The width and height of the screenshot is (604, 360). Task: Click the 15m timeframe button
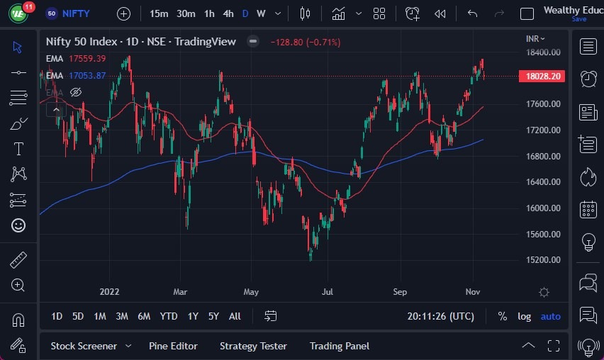click(159, 13)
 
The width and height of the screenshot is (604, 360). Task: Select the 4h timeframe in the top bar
click(228, 13)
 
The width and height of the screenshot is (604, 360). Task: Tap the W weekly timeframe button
click(261, 13)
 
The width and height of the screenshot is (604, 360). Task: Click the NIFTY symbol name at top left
click(76, 13)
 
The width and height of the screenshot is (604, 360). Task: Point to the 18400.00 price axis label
click(544, 52)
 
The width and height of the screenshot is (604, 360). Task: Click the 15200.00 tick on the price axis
click(544, 260)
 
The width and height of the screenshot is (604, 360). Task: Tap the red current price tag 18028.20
click(544, 77)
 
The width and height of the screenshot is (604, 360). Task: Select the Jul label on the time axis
click(328, 291)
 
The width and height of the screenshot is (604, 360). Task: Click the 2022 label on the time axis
click(109, 291)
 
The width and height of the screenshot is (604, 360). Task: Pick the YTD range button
click(169, 316)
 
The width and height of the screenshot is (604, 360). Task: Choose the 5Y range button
click(213, 316)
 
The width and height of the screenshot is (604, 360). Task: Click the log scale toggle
click(524, 316)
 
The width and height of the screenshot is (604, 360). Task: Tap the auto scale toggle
click(550, 316)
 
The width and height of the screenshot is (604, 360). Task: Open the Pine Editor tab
click(173, 346)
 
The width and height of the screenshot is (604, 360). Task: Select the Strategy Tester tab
click(253, 346)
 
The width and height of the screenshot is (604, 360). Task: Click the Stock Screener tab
click(84, 346)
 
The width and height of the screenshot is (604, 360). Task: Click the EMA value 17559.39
click(86, 59)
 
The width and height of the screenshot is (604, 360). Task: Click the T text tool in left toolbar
click(18, 149)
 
